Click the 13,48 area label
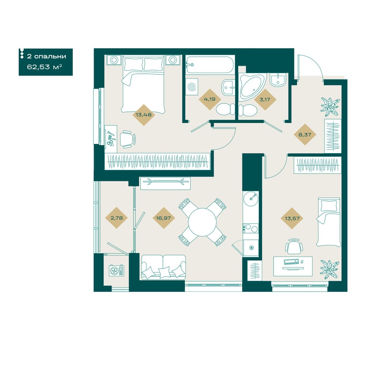[143, 115]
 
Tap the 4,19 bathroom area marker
[210, 99]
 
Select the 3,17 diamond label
[265, 99]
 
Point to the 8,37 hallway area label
[305, 135]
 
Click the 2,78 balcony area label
[117, 218]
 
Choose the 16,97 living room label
[163, 218]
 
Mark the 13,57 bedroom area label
[292, 218]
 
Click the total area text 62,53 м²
[45, 67]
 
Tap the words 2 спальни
[47, 56]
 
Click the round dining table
[202, 222]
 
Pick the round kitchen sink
[250, 199]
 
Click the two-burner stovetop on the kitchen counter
[250, 228]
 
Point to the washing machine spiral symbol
[192, 87]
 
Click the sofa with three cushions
[163, 267]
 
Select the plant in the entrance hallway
[330, 107]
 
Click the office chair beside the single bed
[294, 246]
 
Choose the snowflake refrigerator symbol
[251, 248]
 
